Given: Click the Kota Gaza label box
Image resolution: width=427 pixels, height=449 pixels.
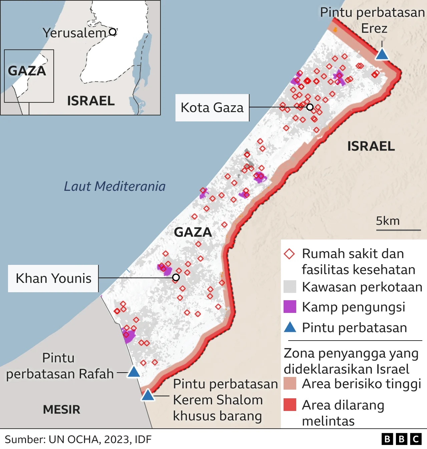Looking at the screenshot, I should point(212,108).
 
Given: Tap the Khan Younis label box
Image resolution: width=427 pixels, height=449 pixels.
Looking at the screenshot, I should point(53,279).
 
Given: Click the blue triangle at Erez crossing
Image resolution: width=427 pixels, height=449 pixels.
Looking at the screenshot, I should point(382,54).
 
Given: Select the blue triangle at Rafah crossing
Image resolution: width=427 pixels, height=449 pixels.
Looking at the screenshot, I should point(134,372).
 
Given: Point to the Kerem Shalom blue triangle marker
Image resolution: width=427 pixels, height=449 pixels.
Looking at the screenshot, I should point(147,395).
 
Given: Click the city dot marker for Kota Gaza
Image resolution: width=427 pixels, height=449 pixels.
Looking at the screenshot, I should point(310,107).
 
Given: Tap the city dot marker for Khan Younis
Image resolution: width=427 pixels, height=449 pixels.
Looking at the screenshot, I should point(176,278).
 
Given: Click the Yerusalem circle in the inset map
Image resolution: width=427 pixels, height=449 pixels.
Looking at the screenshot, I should point(113,32).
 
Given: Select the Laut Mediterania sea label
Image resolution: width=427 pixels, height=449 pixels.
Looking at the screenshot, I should point(114,186).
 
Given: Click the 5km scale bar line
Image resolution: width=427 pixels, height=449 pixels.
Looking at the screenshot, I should point(398,230).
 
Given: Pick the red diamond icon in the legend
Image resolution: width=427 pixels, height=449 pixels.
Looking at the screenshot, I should point(289,254).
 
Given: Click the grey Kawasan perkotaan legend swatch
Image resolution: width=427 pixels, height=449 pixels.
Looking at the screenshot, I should point(290,287).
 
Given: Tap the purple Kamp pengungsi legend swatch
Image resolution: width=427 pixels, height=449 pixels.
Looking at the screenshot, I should point(290,307).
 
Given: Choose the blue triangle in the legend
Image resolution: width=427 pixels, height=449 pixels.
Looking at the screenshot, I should point(290,328).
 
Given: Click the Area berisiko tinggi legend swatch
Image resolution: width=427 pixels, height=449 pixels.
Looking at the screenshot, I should point(290,384).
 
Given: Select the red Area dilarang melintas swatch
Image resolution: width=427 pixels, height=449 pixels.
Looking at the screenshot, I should point(290,405).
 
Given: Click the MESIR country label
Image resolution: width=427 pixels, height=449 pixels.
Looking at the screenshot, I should point(62,410).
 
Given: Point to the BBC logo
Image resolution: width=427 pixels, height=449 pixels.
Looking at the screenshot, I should point(402,439).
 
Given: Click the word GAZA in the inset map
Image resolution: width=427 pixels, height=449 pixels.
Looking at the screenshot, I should point(27,71).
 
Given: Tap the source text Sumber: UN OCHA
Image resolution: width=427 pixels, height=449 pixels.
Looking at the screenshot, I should point(78,439).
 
